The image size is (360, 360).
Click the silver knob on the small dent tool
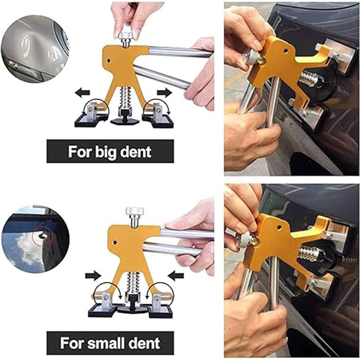(133, 211)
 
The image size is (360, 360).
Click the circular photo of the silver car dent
(35, 49)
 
